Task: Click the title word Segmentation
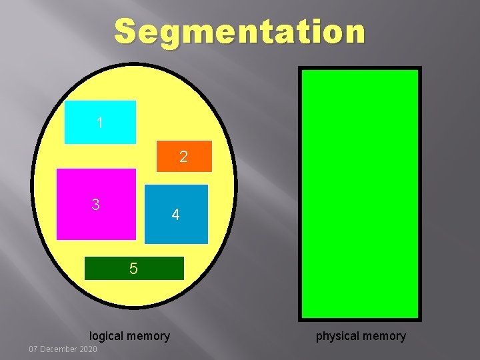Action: click(x=240, y=31)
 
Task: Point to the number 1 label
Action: click(x=100, y=123)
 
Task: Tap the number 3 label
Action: click(x=96, y=205)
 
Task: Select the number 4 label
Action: click(x=175, y=215)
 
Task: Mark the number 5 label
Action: click(x=134, y=269)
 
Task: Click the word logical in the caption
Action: click(x=106, y=336)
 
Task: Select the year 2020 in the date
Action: click(x=88, y=350)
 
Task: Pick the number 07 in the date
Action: click(x=34, y=350)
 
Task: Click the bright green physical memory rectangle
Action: click(x=360, y=193)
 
